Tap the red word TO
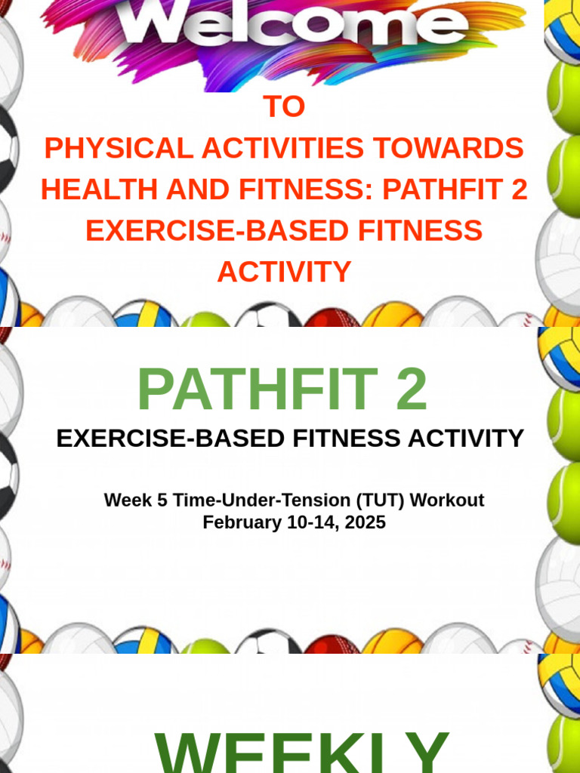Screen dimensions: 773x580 pyautogui.click(x=284, y=108)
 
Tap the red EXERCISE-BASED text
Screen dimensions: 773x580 pyautogui.click(x=196, y=230)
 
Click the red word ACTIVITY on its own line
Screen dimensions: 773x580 pyautogui.click(x=284, y=272)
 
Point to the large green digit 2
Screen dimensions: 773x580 pyautogui.click(x=409, y=390)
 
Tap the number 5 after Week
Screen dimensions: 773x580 pyautogui.click(x=162, y=500)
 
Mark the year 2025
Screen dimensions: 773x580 pyautogui.click(x=366, y=522)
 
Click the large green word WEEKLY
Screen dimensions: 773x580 pyautogui.click(x=302, y=751)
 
